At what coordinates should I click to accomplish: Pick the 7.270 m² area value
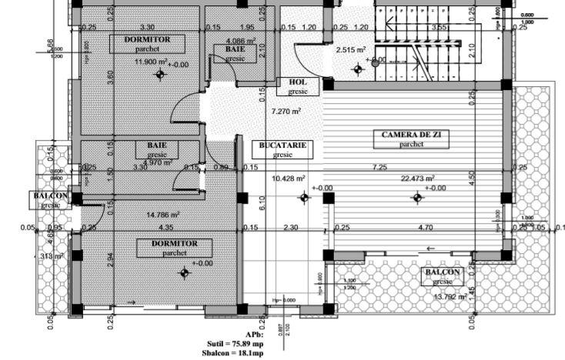click(x=286, y=111)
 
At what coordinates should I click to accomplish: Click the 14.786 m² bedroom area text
click(x=164, y=215)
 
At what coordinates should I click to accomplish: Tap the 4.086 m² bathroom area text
click(x=240, y=40)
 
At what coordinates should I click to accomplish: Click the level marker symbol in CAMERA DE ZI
click(x=416, y=198)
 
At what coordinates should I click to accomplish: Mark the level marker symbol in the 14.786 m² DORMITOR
click(x=184, y=272)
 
